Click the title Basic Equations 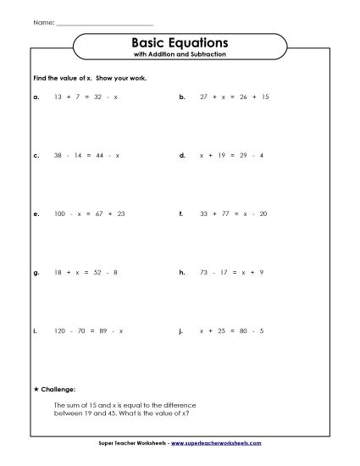coord(180,42)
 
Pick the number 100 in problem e coord(59,214)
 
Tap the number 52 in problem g coord(102,273)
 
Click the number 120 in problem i coord(59,331)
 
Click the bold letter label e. coord(36,214)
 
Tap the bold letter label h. coord(182,273)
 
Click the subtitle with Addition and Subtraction coord(180,55)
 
